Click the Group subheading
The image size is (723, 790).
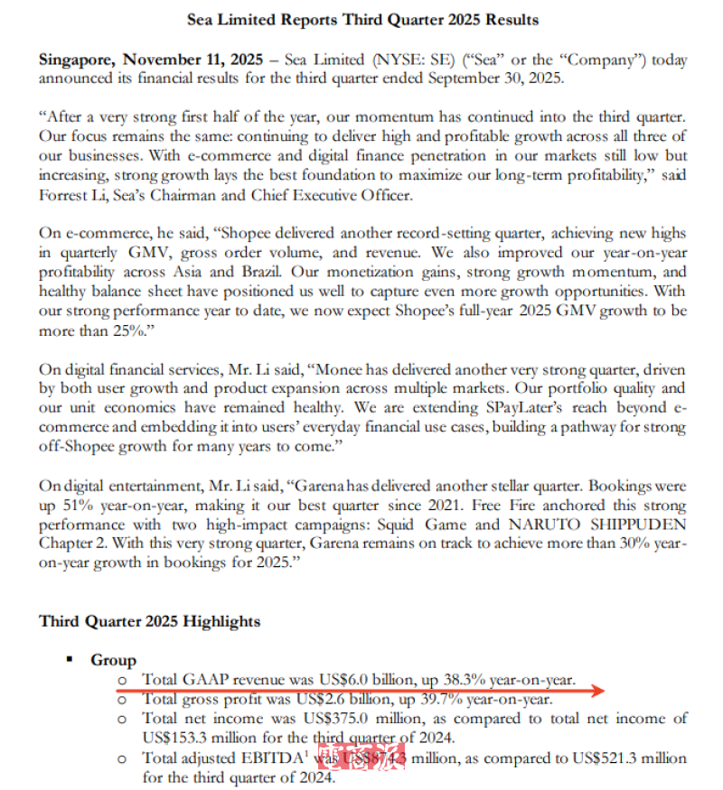114,660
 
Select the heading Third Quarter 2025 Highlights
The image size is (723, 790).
149,621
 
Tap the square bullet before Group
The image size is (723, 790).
70,660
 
